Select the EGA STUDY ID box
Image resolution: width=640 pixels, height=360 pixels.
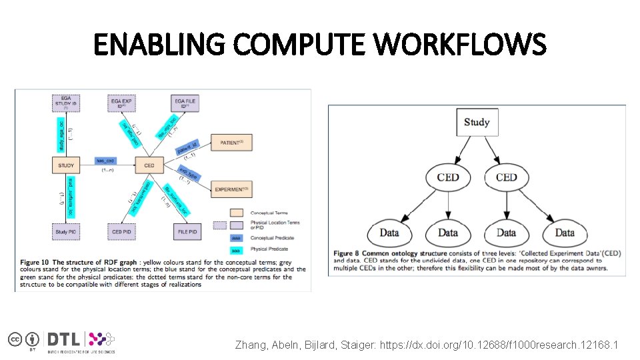click(x=66, y=103)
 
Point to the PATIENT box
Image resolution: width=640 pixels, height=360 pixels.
click(x=231, y=143)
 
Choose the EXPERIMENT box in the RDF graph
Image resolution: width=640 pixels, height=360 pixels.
click(x=231, y=189)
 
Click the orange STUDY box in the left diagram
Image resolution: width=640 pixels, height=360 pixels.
click(x=66, y=165)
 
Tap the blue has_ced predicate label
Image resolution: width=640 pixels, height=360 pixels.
click(x=107, y=161)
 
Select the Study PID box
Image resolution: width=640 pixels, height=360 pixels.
click(x=66, y=232)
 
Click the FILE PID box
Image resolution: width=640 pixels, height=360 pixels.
click(x=187, y=232)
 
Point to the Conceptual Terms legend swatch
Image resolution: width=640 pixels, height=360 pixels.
click(x=236, y=212)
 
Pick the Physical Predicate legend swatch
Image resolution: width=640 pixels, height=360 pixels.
click(x=236, y=250)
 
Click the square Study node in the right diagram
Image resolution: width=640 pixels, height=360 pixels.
click(x=477, y=122)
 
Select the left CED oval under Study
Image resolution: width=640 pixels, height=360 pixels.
click(x=448, y=177)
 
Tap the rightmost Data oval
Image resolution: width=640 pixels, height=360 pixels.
click(x=564, y=233)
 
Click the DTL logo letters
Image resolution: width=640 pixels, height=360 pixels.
click(x=65, y=339)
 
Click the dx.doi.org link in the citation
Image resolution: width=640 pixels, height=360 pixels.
click(x=499, y=345)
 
